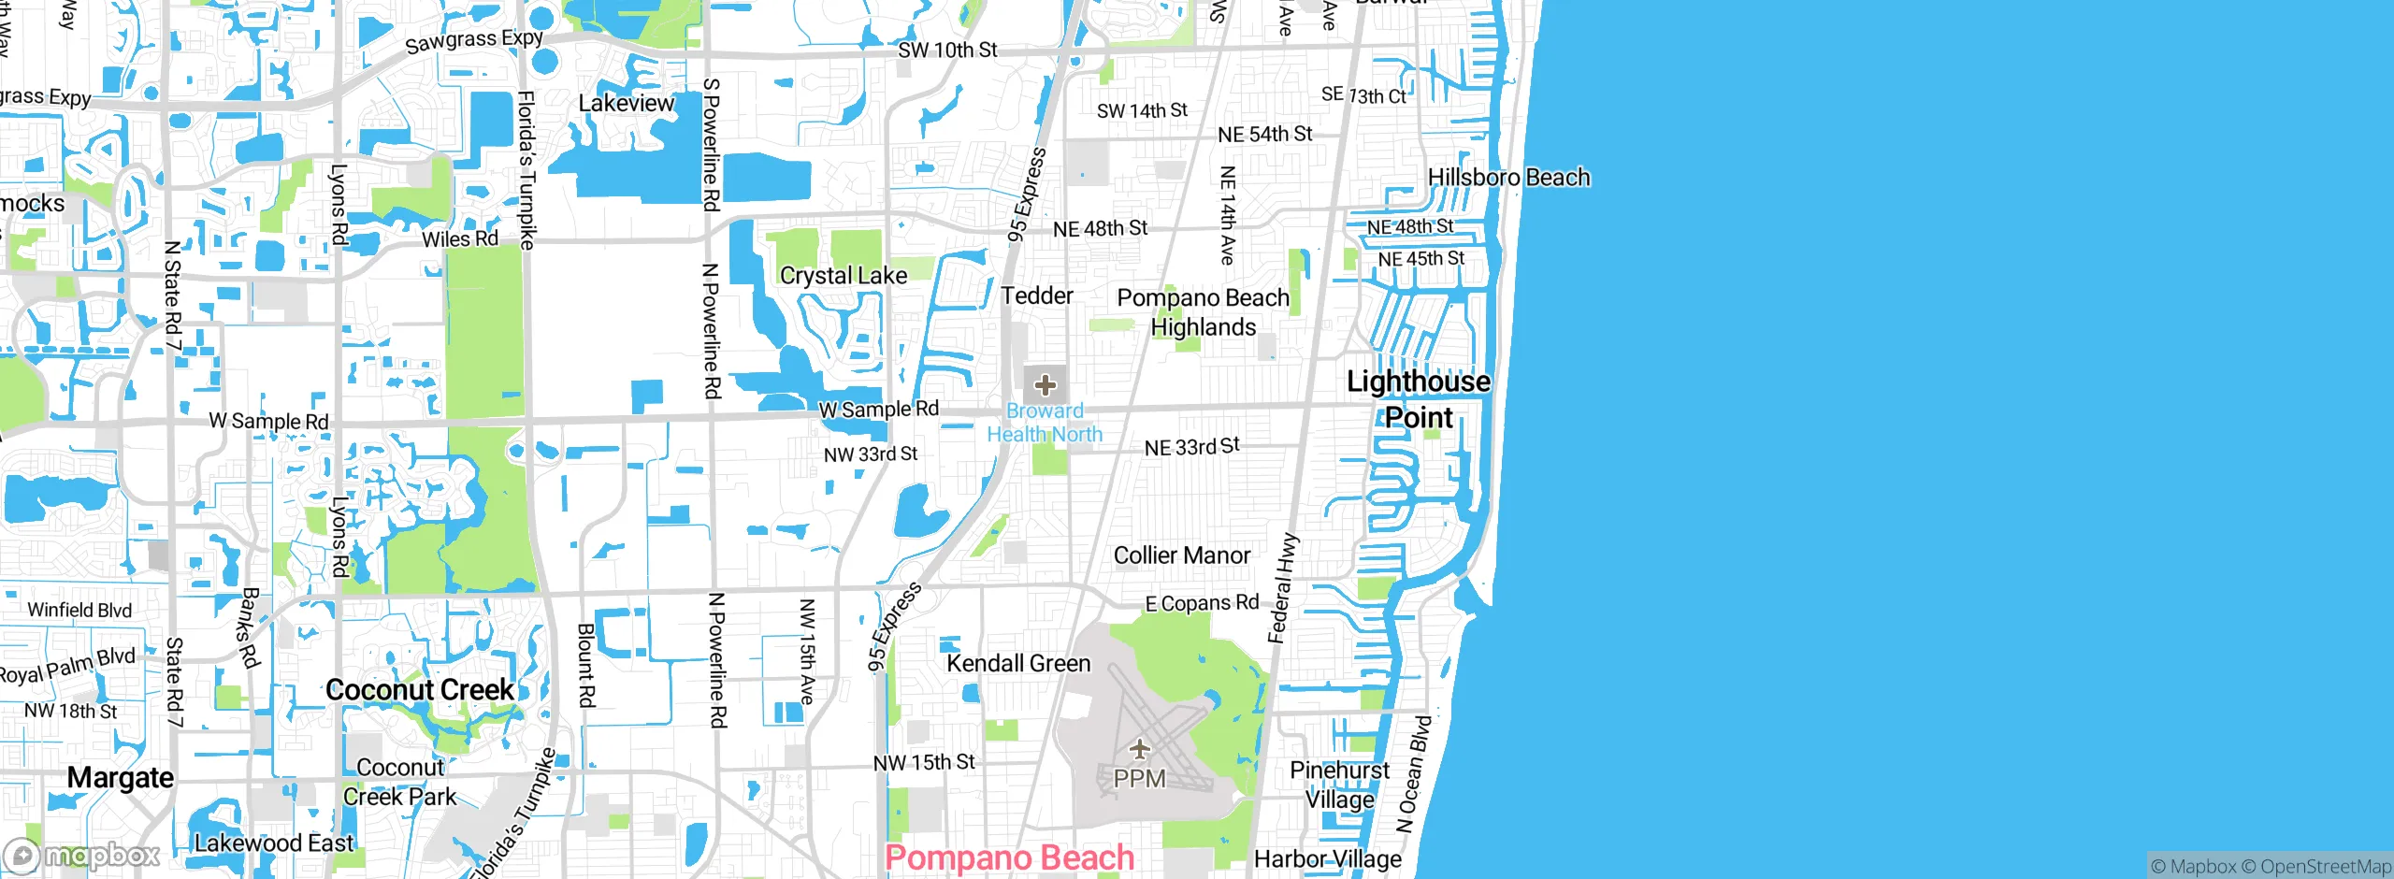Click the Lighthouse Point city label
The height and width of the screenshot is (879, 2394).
click(x=1418, y=399)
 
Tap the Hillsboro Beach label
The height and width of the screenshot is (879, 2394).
click(x=1507, y=178)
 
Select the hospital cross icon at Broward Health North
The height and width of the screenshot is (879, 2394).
click(x=1045, y=384)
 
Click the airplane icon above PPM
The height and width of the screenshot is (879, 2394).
click(x=1139, y=748)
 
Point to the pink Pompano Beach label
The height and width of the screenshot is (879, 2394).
click(x=1009, y=857)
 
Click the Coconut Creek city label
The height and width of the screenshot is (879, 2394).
click(x=420, y=690)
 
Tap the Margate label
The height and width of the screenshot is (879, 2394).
click(x=121, y=778)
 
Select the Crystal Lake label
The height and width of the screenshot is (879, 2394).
click(x=844, y=276)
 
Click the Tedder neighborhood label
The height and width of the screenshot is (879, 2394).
click(x=1037, y=296)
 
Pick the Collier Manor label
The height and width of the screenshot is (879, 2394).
click(x=1181, y=555)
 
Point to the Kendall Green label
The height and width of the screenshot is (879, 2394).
click(x=1018, y=664)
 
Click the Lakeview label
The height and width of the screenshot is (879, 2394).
click(x=626, y=104)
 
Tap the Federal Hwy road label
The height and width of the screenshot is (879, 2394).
click(x=1282, y=589)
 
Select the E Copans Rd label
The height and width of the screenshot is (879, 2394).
click(x=1202, y=603)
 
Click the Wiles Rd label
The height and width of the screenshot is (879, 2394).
click(x=459, y=239)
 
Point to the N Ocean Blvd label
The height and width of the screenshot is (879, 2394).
click(x=1413, y=774)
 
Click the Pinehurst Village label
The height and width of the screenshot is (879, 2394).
click(x=1339, y=785)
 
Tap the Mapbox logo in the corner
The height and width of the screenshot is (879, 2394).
click(x=82, y=855)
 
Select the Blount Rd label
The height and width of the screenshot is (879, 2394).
click(x=585, y=666)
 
